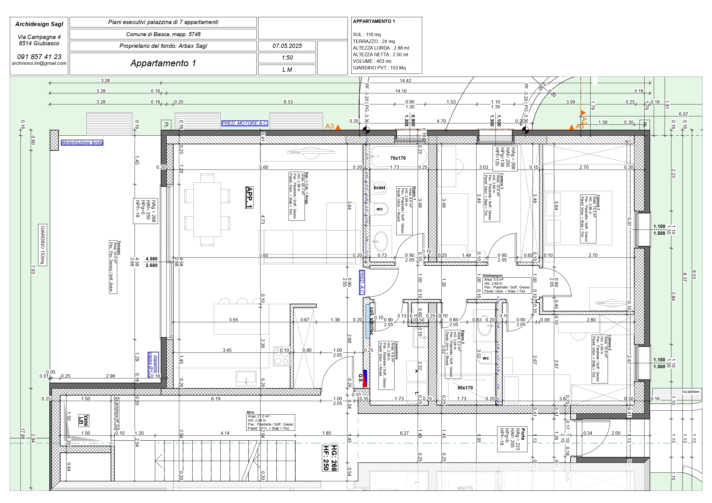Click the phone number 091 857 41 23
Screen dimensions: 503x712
(x=39, y=57)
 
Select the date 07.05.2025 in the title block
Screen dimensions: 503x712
(x=287, y=46)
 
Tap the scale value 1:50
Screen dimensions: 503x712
(x=287, y=58)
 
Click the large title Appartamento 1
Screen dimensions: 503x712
(x=163, y=63)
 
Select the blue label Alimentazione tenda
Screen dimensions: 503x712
(x=82, y=143)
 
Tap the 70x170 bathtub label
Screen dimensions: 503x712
(x=397, y=158)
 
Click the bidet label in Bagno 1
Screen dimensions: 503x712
(x=379, y=188)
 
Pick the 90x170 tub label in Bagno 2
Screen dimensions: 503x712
(x=465, y=388)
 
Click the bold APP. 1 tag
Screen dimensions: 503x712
(x=249, y=197)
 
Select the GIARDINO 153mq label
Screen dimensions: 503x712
(x=43, y=245)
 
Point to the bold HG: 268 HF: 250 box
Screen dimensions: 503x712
(x=330, y=458)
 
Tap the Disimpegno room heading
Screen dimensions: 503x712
(x=492, y=275)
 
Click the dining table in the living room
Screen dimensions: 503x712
(x=207, y=210)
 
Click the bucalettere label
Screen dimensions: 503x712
(x=690, y=391)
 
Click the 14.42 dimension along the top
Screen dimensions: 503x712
(x=405, y=81)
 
